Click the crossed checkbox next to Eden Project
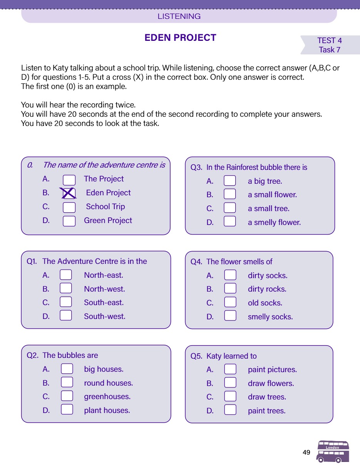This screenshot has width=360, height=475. click(x=69, y=193)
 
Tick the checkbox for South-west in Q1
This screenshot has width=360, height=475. click(x=66, y=316)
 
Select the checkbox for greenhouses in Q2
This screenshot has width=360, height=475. click(x=67, y=396)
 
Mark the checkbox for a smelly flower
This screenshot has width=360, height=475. click(x=230, y=222)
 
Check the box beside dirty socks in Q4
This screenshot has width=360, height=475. click(x=230, y=275)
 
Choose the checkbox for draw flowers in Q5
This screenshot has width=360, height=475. click(x=230, y=383)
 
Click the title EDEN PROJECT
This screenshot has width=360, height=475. click(x=180, y=38)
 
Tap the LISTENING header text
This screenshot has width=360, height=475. click(x=179, y=17)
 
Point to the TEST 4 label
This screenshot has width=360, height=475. click(x=329, y=40)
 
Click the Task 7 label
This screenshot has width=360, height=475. click(x=329, y=50)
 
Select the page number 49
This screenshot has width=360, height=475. click(x=306, y=452)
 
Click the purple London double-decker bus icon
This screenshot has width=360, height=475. click(x=333, y=452)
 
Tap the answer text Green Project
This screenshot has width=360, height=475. click(x=108, y=220)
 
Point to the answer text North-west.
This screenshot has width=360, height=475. click(x=104, y=289)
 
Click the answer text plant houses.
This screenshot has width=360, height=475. click(x=107, y=410)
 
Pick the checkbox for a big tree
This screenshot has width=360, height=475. click(x=230, y=181)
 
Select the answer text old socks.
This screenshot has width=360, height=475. click(x=265, y=303)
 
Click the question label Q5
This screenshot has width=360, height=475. click(x=196, y=356)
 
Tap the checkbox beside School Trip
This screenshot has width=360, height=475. click(x=69, y=207)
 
